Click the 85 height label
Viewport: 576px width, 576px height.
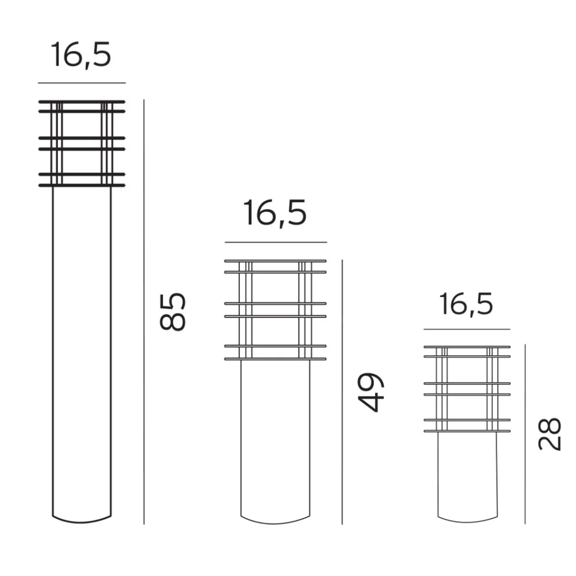172,312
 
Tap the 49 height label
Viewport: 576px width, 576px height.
371,392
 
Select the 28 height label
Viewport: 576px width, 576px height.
549,434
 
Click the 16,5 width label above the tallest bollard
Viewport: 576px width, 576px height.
81,55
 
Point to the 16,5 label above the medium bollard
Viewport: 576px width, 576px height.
276,213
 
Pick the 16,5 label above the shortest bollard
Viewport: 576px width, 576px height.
466,304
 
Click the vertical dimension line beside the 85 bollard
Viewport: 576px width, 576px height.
144,312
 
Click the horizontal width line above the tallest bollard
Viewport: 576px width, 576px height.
82,83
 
